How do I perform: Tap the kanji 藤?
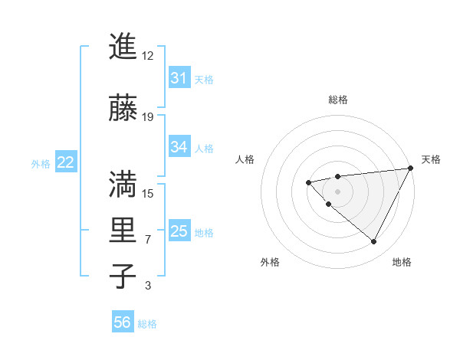(x=123, y=109)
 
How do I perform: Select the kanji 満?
(x=123, y=184)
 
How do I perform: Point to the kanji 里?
(x=123, y=231)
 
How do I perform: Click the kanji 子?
(x=123, y=276)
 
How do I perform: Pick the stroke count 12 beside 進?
(x=148, y=56)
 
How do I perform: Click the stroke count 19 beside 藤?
(x=148, y=117)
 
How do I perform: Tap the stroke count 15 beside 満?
(x=148, y=193)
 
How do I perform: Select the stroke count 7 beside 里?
(x=148, y=240)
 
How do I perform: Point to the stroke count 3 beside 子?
(x=148, y=286)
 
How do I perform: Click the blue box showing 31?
(x=179, y=78)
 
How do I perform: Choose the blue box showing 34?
(x=179, y=147)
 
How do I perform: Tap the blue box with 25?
(x=179, y=231)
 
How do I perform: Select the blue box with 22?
(x=66, y=162)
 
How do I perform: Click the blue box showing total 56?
(x=123, y=322)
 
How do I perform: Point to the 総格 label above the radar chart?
(x=337, y=100)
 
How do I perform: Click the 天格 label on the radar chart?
(x=431, y=159)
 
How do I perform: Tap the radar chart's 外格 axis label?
(x=270, y=262)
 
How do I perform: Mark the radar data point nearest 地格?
(x=374, y=242)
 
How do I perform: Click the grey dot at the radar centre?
(x=337, y=191)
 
